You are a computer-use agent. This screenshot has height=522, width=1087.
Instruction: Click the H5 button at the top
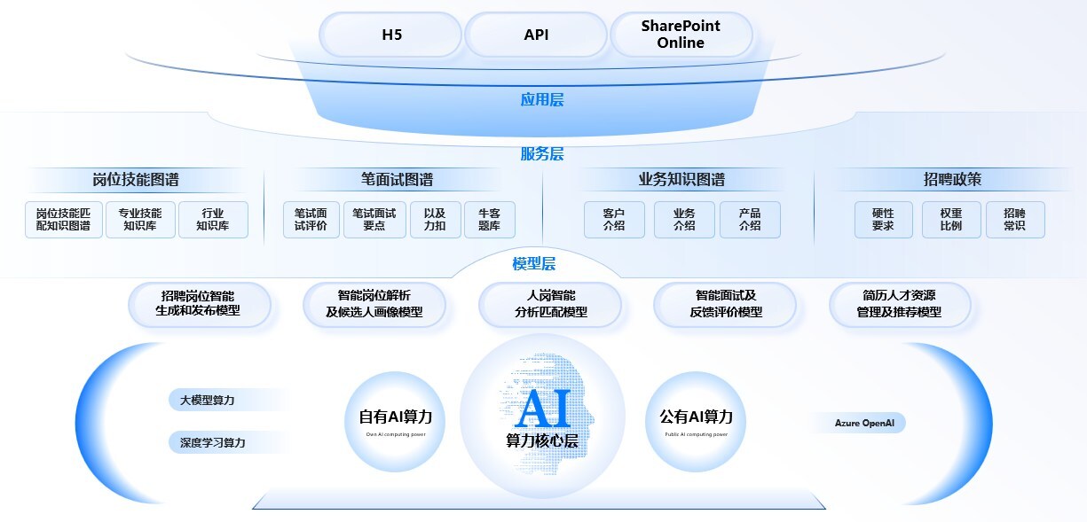(391, 35)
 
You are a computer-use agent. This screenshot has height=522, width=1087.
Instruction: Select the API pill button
(536, 35)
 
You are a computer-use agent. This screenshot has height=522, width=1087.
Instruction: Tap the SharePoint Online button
(681, 35)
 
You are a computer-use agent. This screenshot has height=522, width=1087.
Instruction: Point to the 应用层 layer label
(541, 99)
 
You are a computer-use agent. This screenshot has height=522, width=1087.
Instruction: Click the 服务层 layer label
(541, 154)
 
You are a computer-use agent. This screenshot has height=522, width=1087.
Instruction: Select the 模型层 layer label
(534, 263)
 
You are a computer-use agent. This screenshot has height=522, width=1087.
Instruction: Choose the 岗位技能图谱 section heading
(135, 180)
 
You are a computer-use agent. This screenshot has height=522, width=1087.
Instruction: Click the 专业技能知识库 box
(140, 220)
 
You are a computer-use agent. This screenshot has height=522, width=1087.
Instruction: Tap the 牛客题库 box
(489, 220)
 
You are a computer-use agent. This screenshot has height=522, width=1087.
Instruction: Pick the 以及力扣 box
(435, 220)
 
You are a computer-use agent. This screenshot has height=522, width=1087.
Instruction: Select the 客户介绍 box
(614, 220)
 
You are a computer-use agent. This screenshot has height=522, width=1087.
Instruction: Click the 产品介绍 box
(750, 220)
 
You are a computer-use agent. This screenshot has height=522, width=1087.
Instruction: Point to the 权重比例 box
(950, 220)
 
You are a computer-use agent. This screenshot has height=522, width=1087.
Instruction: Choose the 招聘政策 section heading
(952, 180)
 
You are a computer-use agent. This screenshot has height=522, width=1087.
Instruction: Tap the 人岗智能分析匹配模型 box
(550, 303)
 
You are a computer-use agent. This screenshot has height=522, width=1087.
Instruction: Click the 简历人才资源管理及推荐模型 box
(899, 303)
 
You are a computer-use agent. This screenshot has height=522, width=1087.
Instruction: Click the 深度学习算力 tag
(213, 442)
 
